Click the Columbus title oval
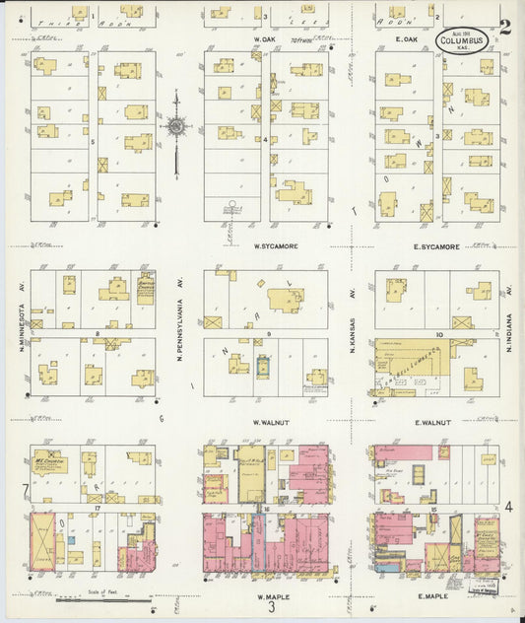(462, 42)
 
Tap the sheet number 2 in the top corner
(504, 28)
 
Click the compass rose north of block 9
(175, 126)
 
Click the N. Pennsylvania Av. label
(180, 330)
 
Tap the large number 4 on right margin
(508, 507)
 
